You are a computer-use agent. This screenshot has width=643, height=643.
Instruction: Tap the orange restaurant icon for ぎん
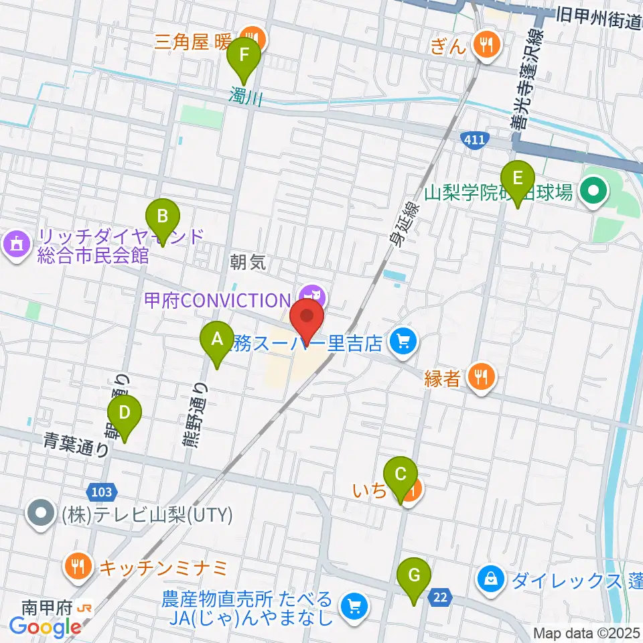coord(484,45)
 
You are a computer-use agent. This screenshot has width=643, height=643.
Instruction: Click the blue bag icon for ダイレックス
coord(492,577)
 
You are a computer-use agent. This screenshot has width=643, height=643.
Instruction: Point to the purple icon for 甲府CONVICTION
coord(311,295)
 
